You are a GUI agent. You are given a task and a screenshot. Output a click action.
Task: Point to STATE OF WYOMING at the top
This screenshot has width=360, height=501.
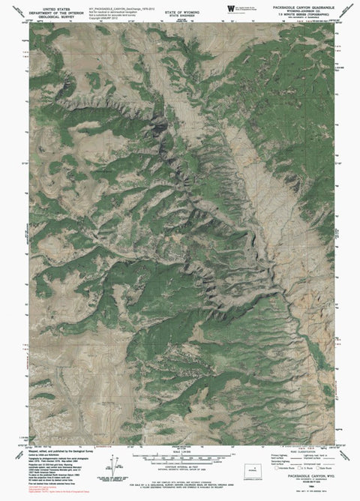tap(178, 4)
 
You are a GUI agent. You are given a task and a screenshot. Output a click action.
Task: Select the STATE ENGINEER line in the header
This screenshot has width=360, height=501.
tap(178, 8)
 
